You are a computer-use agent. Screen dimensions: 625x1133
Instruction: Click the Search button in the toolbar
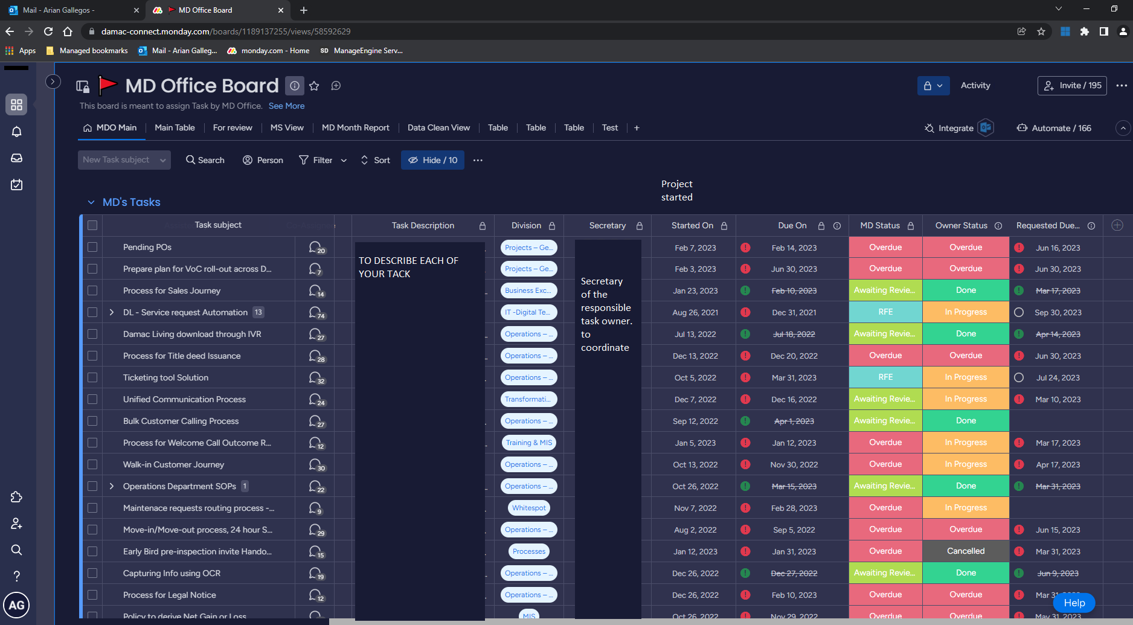point(205,160)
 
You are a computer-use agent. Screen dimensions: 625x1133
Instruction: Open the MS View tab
point(287,128)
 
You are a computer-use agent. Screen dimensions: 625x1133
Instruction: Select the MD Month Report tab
point(355,128)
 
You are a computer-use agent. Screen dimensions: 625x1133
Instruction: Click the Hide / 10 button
point(432,160)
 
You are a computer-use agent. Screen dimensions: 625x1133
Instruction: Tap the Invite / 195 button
point(1072,86)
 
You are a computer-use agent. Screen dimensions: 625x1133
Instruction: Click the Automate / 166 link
point(1054,128)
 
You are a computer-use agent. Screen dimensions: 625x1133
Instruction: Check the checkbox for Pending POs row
point(92,247)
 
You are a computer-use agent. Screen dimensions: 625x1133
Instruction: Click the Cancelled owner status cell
point(965,551)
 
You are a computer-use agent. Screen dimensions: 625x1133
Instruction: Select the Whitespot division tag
point(528,508)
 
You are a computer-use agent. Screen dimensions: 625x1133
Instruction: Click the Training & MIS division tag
point(528,443)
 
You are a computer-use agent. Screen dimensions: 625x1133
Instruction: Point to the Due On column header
point(792,226)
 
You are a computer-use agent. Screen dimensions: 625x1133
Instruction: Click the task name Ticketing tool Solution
point(165,377)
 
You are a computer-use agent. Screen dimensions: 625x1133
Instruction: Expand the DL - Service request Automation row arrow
point(112,312)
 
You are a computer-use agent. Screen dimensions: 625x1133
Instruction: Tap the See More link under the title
point(286,106)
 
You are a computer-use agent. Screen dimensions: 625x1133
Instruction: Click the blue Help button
point(1074,603)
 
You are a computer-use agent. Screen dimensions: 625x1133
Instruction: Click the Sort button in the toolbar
point(376,160)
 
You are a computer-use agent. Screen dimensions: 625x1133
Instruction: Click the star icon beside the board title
point(314,86)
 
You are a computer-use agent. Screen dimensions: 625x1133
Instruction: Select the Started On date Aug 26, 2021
point(695,312)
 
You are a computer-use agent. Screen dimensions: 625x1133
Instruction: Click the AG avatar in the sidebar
point(16,605)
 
